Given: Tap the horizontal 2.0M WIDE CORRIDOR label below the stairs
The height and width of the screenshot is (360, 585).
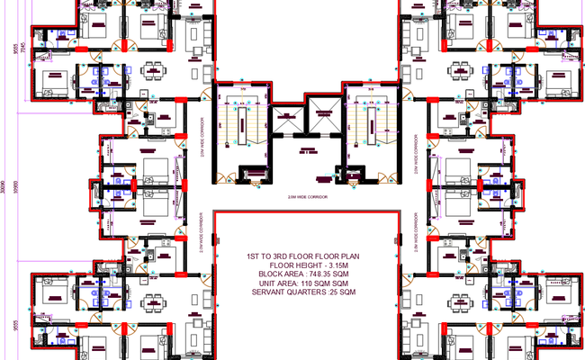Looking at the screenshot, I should pos(306,195).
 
